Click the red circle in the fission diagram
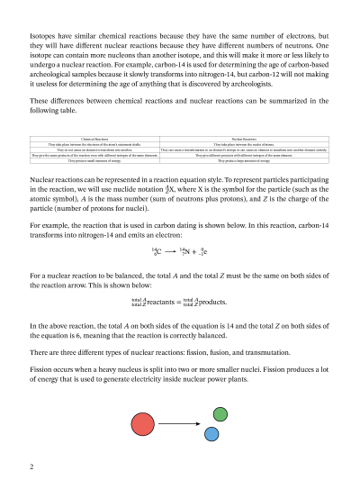point(142,423)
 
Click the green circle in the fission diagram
point(220,414)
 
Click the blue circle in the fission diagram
point(211,433)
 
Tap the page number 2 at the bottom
point(31,466)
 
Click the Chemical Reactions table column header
point(94,139)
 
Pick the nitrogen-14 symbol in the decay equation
point(185,250)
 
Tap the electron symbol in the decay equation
point(204,250)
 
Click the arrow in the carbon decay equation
point(170,250)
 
